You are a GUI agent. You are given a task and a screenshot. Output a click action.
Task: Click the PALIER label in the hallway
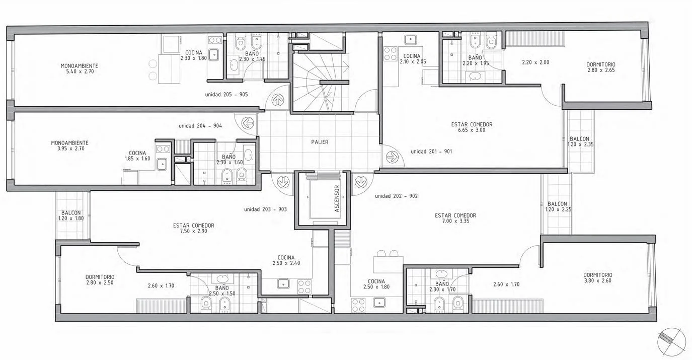[320, 142]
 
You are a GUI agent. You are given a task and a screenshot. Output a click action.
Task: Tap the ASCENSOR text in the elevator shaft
[337, 198]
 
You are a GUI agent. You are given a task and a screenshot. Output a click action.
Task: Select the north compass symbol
[671, 342]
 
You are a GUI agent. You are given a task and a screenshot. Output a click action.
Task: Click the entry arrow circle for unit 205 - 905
[278, 100]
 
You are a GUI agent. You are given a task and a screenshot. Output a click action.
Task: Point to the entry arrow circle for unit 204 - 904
[248, 123]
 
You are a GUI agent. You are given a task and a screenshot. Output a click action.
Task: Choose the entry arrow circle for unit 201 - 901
[393, 157]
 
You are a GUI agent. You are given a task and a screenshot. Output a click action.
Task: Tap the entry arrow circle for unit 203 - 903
[283, 182]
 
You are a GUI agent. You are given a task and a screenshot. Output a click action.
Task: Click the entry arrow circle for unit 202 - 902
[360, 182]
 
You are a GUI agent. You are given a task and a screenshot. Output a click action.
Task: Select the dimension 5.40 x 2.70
[80, 71]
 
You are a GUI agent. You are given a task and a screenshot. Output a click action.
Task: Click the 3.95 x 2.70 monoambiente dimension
[70, 149]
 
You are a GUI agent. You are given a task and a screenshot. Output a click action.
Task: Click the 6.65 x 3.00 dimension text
[472, 130]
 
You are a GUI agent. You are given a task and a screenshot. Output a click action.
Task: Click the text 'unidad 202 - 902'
[397, 196]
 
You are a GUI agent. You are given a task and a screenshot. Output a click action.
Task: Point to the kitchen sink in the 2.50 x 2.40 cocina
[283, 283]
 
